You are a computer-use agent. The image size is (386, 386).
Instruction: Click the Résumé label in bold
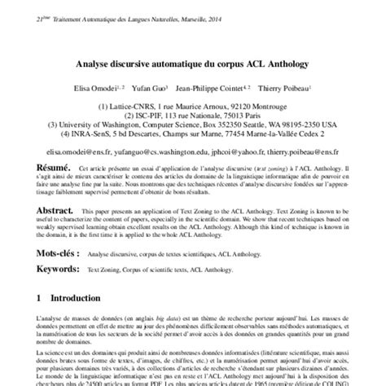tap(35, 164)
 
